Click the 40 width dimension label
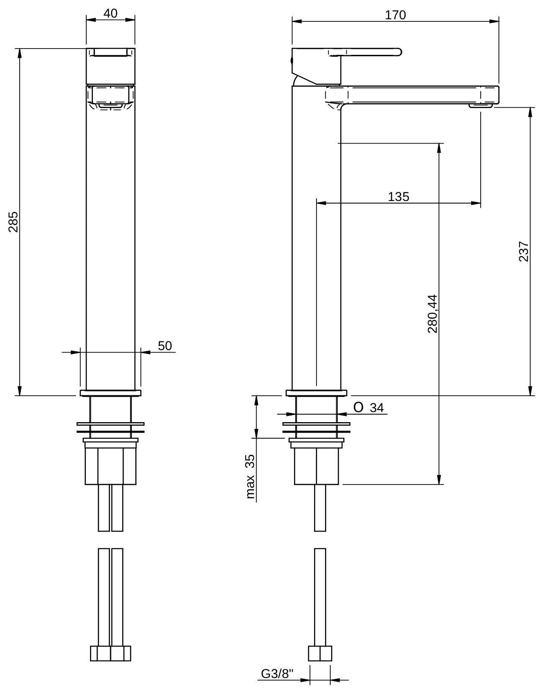coord(110,13)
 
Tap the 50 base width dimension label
coord(165,346)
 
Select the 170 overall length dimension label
coord(395,15)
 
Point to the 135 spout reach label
coord(398,196)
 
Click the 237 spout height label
coord(524,251)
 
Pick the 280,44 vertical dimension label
coord(432,314)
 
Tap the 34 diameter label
coord(376,407)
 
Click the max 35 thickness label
coord(250,476)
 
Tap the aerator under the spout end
coord(481,106)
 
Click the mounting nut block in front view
coord(111,466)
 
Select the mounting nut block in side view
coord(316,466)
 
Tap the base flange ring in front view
coord(111,393)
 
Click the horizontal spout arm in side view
coord(419,94)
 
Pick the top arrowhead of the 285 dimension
coord(19,53)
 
